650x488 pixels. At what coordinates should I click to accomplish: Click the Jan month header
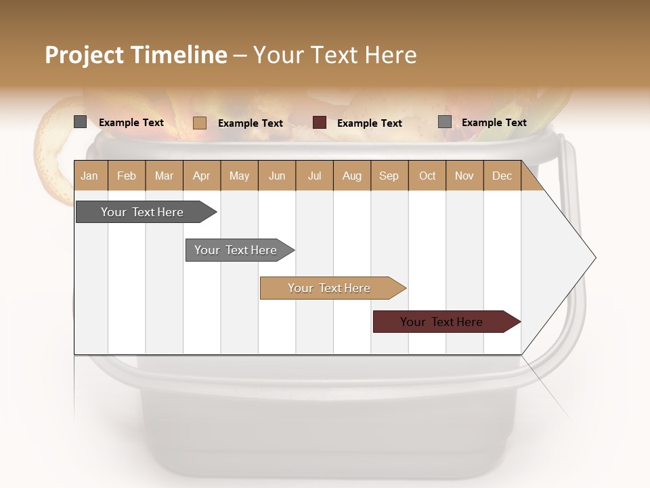pos(89,176)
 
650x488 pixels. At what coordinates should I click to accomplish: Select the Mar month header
pos(164,176)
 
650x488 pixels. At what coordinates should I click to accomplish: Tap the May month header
pos(239,176)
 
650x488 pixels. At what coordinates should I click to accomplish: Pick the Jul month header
pos(314,176)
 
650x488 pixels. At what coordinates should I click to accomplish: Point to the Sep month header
pos(389,176)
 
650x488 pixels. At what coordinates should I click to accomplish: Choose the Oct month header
pos(427,176)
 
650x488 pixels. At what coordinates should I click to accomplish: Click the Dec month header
pos(502,176)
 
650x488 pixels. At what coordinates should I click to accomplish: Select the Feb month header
pos(127,176)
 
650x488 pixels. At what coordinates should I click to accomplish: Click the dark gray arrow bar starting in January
pos(142,212)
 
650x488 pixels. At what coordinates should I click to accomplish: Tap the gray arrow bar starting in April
pos(236,250)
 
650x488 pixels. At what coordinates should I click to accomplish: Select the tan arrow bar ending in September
pos(329,288)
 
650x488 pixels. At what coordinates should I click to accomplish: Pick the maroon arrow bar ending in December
pos(441,322)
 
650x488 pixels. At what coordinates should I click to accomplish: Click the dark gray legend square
pos(80,122)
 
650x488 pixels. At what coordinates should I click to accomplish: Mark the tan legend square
pos(199,123)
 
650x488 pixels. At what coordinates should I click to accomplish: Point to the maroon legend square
pos(320,122)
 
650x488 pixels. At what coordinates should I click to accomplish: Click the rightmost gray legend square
pos(444,122)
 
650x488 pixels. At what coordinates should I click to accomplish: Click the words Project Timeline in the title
pos(135,55)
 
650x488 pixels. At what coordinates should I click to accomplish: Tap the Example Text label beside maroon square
pos(370,123)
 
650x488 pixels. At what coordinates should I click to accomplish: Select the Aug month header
pos(351,176)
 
